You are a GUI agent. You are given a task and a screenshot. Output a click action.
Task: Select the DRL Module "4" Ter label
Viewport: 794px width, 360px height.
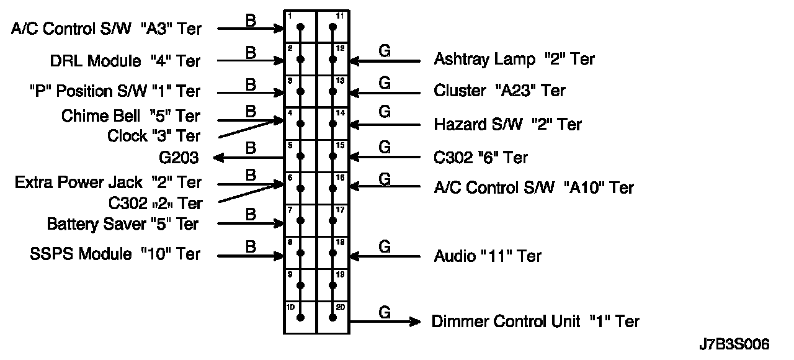[125, 61]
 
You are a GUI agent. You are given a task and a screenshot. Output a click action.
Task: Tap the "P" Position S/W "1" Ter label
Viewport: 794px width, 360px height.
[115, 91]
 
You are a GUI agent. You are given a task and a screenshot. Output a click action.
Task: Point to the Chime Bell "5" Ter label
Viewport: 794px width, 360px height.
[131, 116]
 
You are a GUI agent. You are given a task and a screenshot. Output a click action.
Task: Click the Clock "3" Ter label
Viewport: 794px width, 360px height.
[154, 135]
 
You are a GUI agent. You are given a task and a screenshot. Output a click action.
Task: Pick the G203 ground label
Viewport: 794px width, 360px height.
[179, 158]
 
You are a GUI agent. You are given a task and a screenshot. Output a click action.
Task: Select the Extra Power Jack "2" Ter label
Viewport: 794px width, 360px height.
[108, 182]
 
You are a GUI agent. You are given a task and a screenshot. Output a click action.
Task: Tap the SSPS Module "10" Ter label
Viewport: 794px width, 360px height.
[115, 254]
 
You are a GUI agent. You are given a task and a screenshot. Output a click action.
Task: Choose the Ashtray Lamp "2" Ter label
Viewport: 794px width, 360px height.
[514, 60]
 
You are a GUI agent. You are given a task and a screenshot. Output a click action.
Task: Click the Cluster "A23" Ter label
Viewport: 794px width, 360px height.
[499, 91]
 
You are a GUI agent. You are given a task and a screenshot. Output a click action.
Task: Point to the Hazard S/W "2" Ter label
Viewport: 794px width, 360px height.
[507, 124]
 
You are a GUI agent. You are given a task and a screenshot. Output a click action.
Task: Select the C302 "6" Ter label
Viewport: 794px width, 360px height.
[481, 158]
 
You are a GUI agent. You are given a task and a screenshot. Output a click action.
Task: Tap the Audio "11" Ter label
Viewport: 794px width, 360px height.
[488, 256]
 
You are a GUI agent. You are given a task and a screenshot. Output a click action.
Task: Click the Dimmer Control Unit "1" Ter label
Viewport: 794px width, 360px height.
[535, 322]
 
